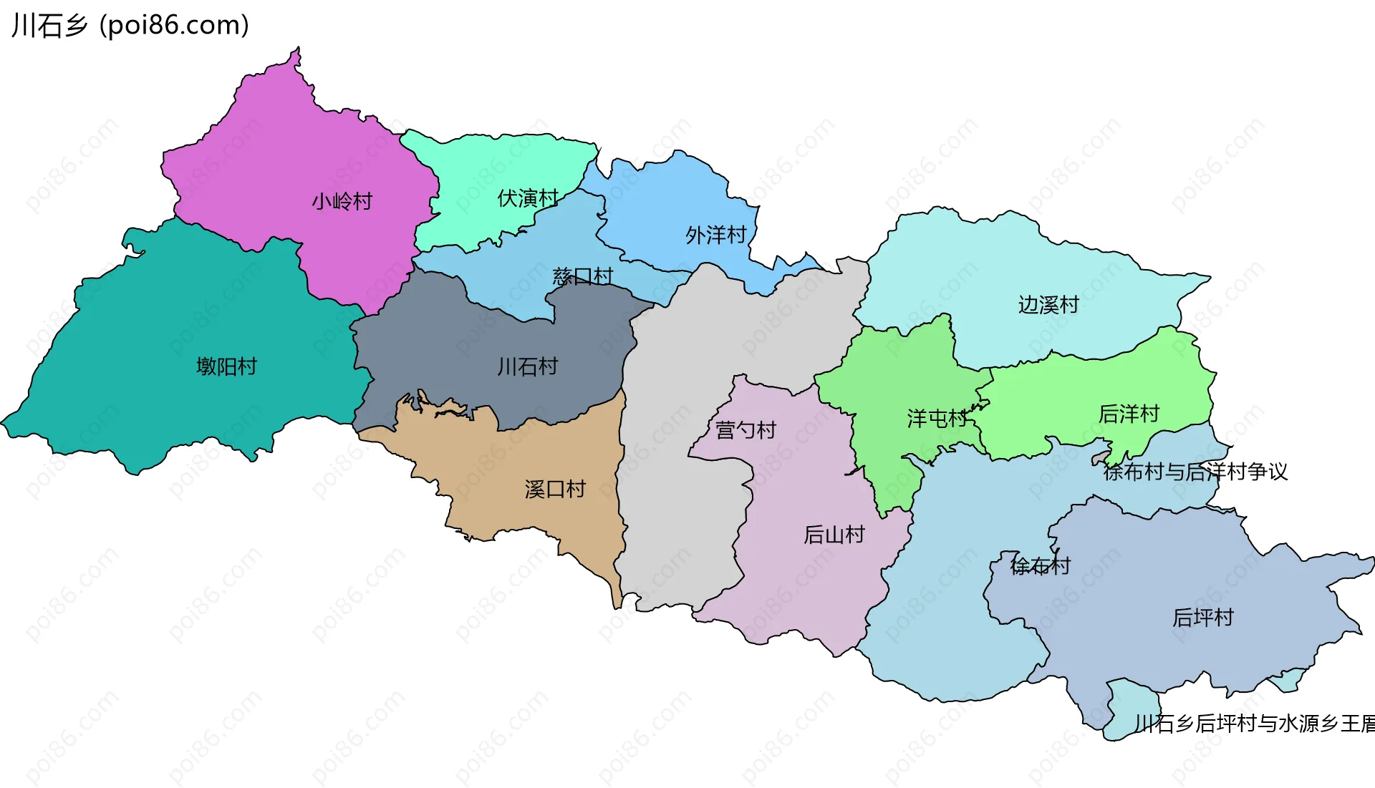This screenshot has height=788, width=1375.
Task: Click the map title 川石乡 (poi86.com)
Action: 130,25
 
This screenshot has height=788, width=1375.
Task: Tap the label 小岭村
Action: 342,202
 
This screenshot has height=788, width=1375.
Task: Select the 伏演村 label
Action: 528,198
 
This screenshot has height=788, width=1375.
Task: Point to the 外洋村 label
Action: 715,235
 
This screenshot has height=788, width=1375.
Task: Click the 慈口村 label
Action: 583,276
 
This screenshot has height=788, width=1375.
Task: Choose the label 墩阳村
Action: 226,366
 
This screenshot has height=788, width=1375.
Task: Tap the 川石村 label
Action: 528,366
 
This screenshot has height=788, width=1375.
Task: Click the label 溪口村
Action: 555,490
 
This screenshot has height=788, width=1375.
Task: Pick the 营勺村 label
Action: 746,430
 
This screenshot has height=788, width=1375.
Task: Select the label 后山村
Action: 834,535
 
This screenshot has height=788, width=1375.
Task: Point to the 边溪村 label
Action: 1048,305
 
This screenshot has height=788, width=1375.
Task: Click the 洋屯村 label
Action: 937,418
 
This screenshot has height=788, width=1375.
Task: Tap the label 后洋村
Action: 1129,414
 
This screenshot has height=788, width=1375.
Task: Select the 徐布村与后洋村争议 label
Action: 1195,472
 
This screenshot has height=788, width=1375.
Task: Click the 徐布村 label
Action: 1040,566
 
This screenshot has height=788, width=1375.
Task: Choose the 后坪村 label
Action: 1202,617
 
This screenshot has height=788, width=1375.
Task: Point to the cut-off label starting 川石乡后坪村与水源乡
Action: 1253,724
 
